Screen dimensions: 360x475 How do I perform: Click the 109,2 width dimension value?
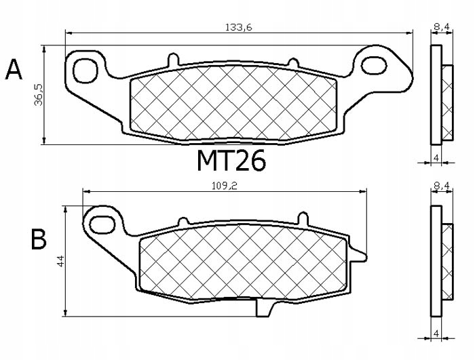(224, 184)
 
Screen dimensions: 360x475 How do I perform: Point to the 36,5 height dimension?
(39, 95)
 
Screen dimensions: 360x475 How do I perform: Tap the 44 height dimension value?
(60, 260)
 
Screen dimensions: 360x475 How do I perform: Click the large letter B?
(38, 239)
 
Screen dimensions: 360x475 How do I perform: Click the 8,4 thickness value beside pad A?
(440, 26)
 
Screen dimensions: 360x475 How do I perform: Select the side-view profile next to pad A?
(441, 95)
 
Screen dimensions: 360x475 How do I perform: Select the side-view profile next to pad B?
(441, 261)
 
